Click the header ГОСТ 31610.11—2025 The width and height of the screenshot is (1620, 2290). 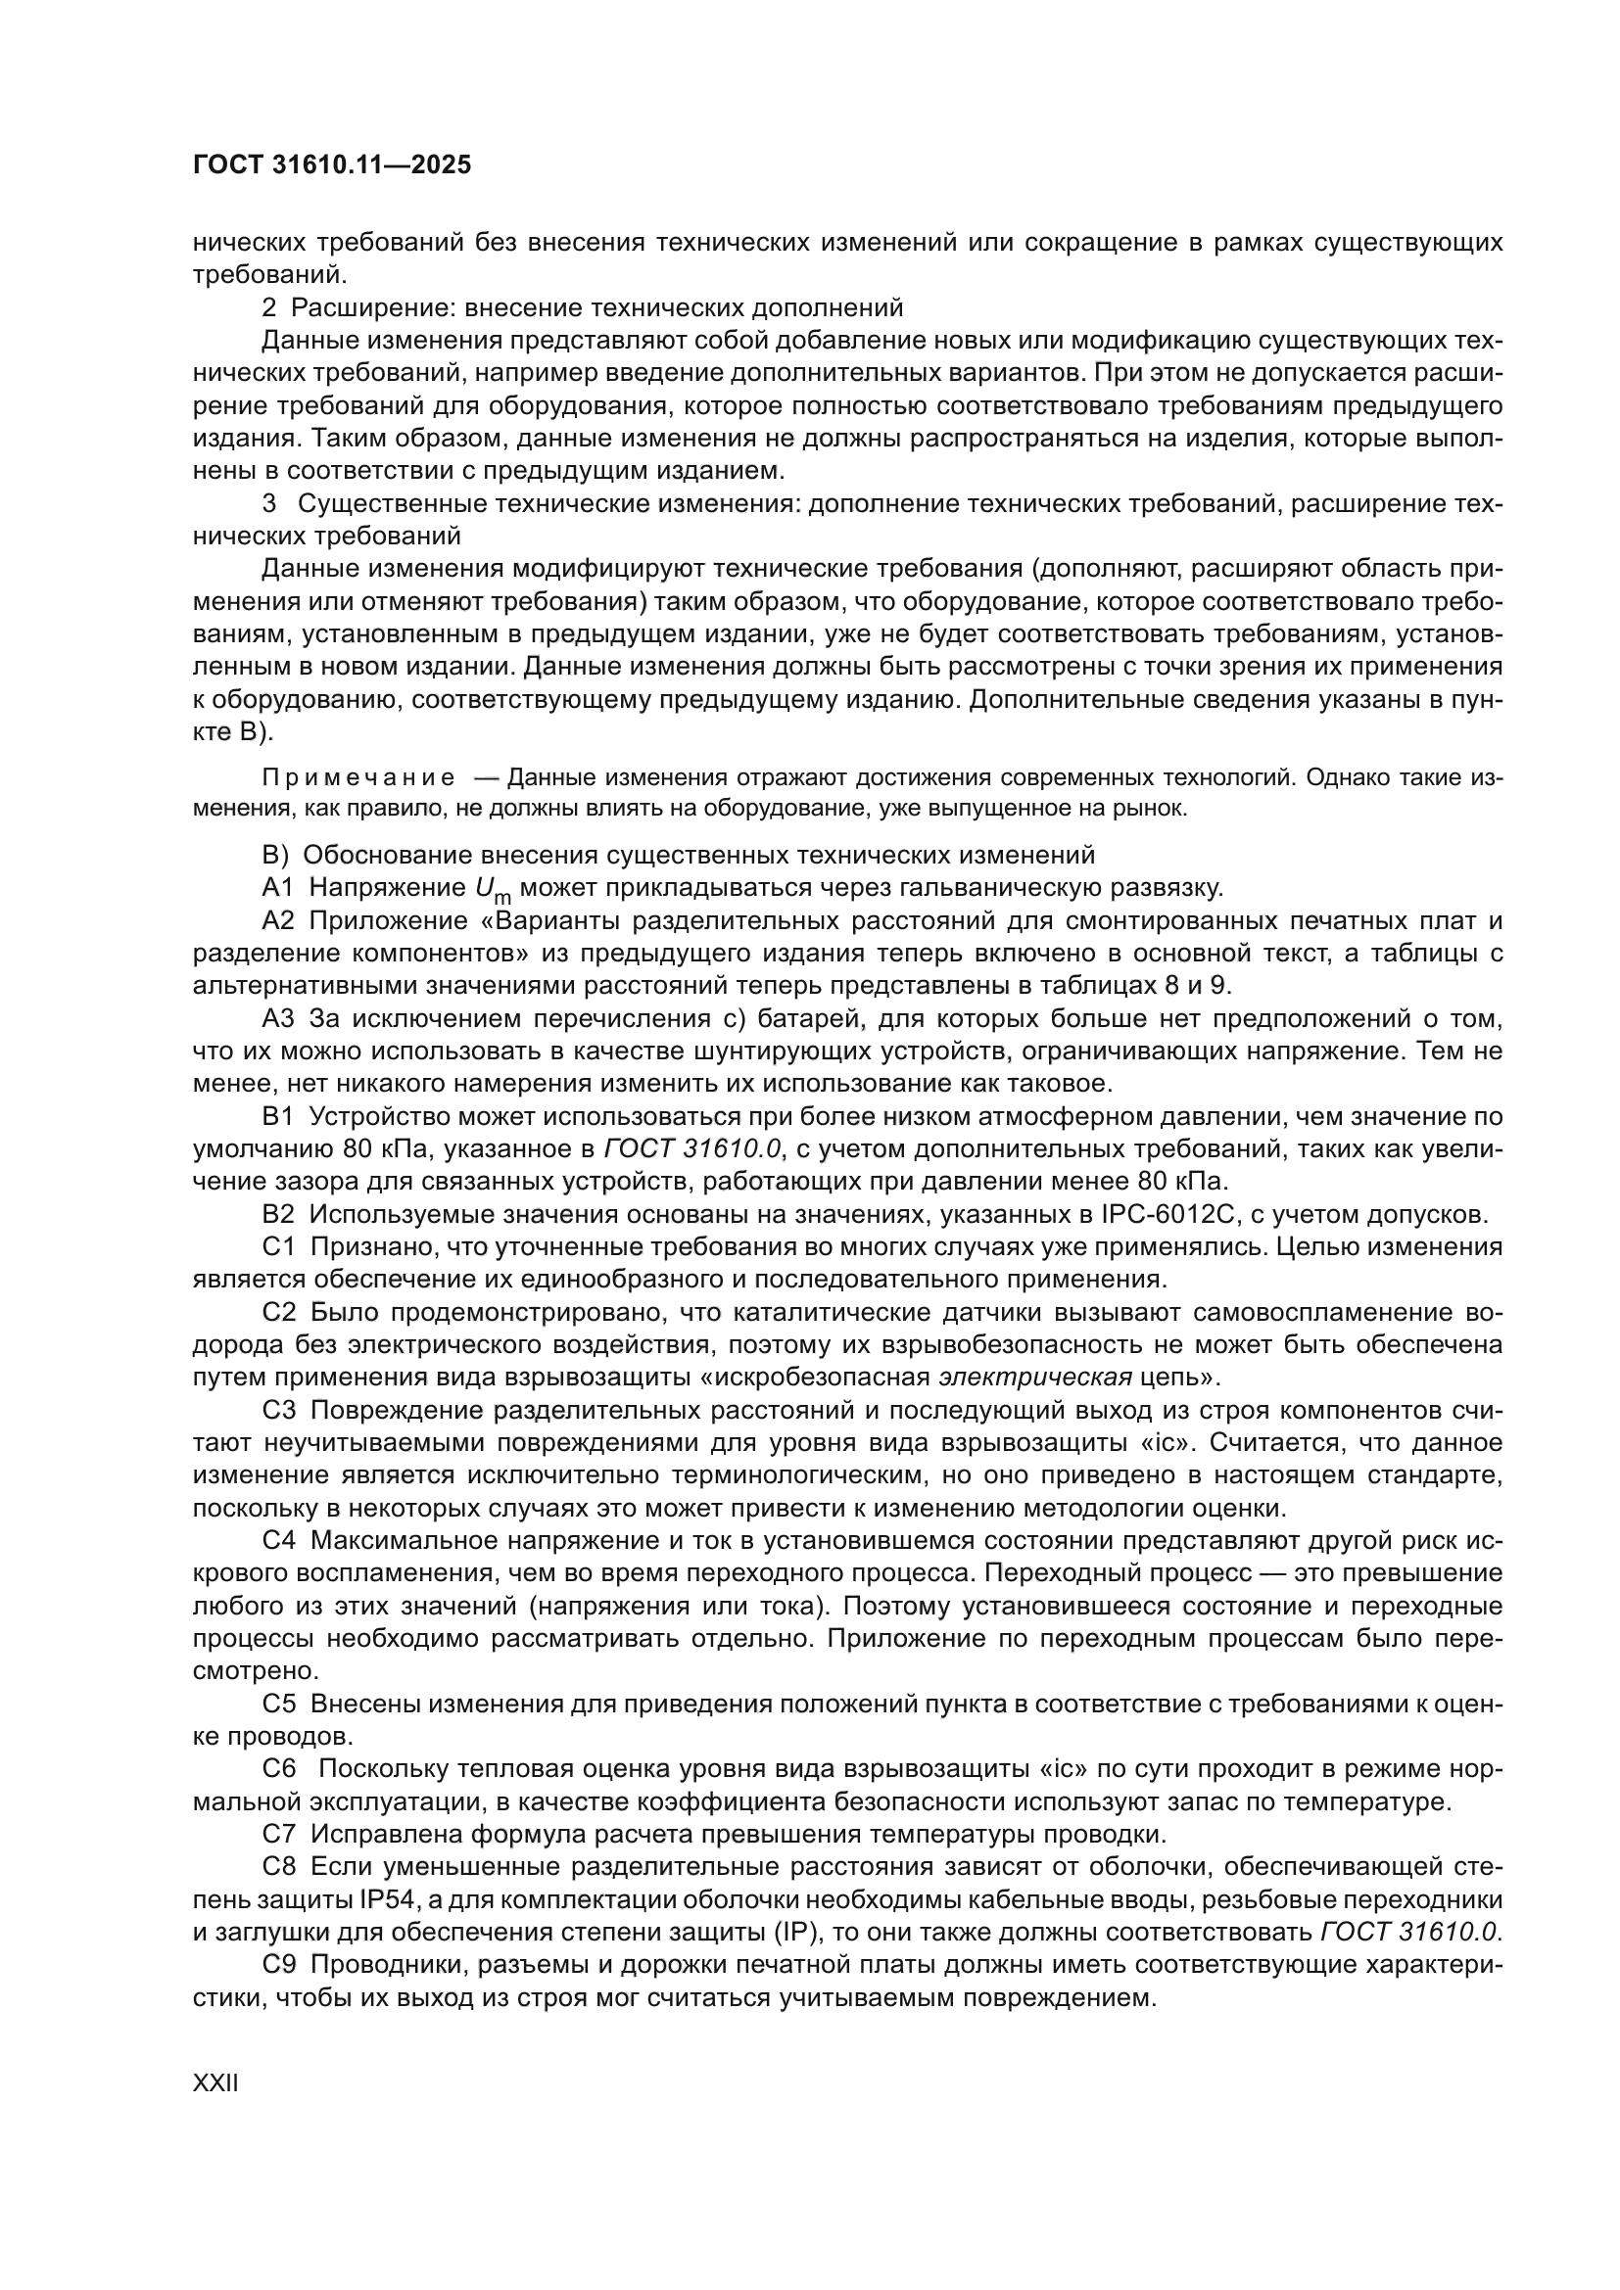(x=331, y=165)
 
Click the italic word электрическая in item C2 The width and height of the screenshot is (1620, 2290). (x=1035, y=1378)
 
